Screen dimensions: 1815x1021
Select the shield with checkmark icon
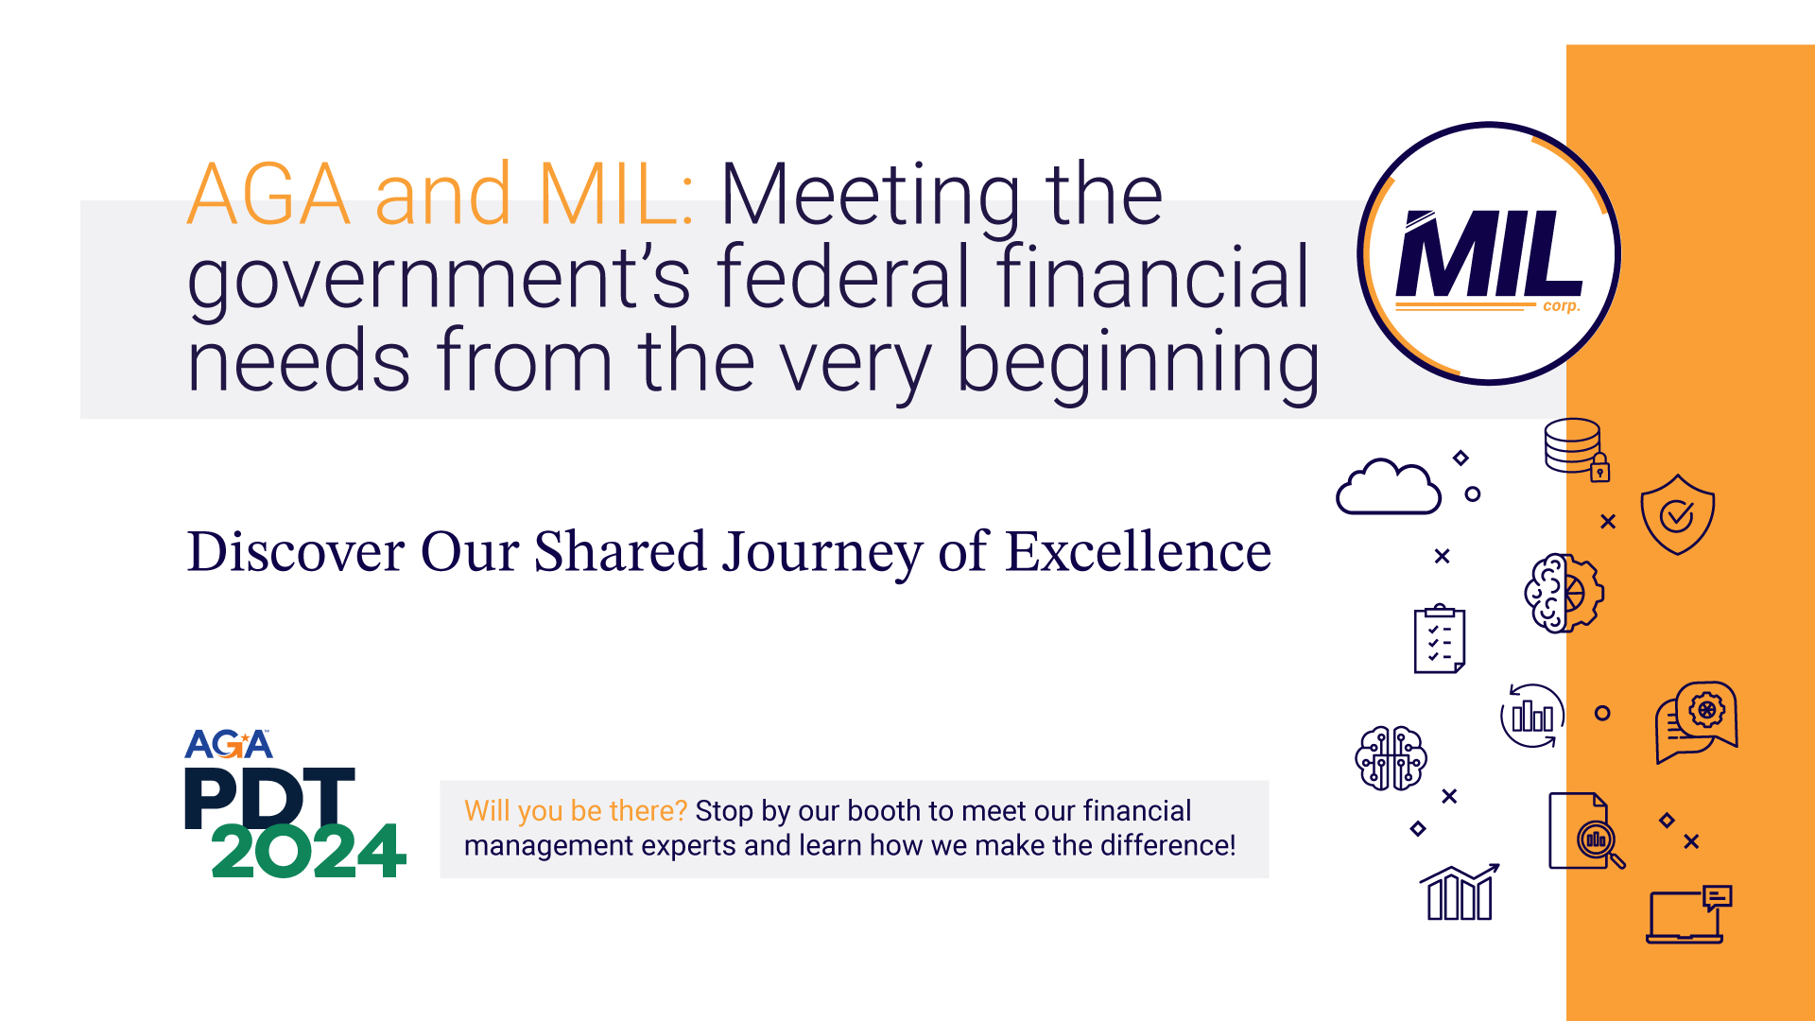click(1677, 514)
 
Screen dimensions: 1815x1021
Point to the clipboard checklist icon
click(1439, 639)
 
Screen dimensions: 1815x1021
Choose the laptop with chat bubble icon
click(1688, 914)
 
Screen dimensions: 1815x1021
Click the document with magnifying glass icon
click(1586, 831)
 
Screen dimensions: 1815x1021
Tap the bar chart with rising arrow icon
click(1460, 891)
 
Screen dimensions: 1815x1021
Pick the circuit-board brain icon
click(1391, 757)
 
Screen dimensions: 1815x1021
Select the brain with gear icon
click(1564, 593)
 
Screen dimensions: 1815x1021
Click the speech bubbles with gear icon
click(1697, 721)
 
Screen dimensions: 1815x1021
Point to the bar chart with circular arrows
click(1532, 716)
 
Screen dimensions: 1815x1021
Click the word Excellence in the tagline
click(1138, 551)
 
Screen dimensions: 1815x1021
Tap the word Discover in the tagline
click(296, 551)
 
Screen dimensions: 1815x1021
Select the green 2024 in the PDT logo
click(308, 850)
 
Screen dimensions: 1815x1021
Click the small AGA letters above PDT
click(229, 744)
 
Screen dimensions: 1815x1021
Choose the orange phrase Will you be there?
click(576, 811)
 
